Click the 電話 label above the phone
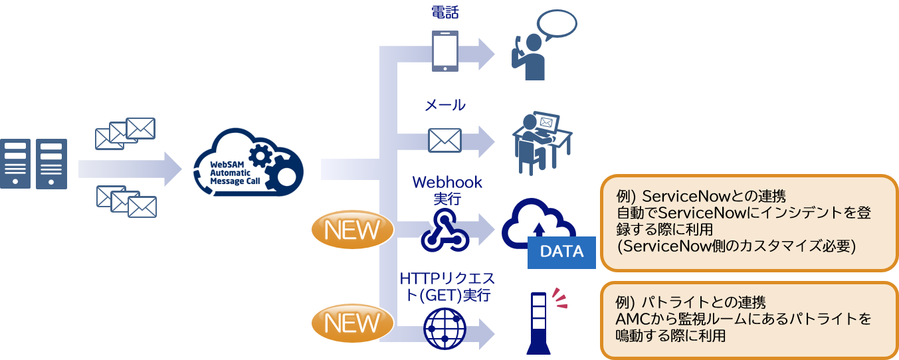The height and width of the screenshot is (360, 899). click(x=445, y=11)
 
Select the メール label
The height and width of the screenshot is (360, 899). click(x=445, y=105)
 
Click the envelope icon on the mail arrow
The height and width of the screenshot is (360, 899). click(x=445, y=140)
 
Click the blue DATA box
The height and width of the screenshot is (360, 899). click(x=561, y=252)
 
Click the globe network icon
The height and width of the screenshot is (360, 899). click(x=445, y=329)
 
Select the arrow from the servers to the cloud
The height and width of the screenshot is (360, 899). click(x=130, y=169)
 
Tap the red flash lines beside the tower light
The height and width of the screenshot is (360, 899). click(x=561, y=298)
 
